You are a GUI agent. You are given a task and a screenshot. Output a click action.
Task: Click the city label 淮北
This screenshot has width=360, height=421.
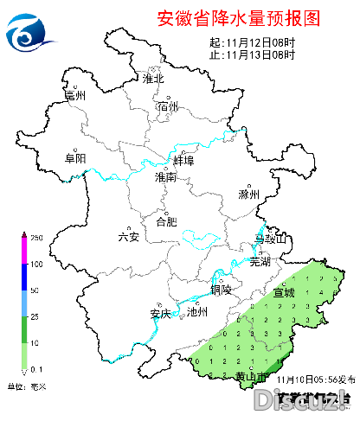point(154,80)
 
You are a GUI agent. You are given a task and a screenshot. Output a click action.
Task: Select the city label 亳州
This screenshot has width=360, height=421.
point(76,97)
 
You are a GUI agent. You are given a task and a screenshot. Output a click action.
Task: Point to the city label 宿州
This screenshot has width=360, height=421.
point(168,107)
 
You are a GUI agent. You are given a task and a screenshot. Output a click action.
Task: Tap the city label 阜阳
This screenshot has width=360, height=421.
point(76,158)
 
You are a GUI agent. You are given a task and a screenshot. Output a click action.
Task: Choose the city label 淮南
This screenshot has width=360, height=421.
point(164,177)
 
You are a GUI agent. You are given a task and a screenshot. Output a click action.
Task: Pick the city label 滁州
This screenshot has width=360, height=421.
point(249,195)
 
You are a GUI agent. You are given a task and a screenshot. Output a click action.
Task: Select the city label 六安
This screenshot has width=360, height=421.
point(129,237)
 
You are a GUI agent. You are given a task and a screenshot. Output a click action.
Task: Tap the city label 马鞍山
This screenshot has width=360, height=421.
point(268,239)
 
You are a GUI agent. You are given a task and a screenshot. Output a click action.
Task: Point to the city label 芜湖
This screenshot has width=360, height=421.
point(260,261)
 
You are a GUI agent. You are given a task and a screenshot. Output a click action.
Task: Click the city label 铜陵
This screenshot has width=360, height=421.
point(221,290)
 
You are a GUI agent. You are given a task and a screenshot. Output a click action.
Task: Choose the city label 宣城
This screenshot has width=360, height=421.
point(284,292)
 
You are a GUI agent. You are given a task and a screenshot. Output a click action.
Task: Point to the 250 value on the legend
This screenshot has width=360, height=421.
point(37,237)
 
